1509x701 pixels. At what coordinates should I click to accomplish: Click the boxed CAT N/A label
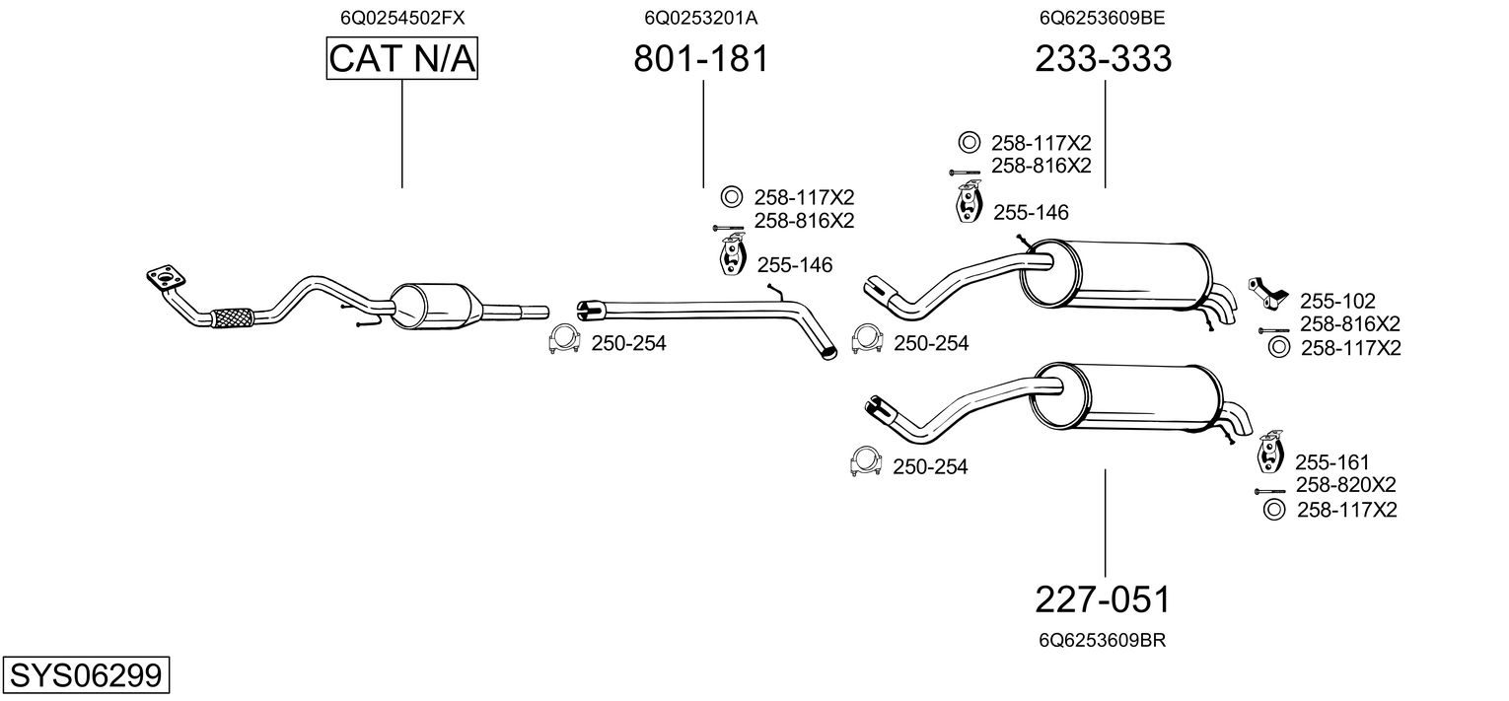pyautogui.click(x=402, y=59)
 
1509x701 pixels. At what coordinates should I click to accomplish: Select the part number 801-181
pyautogui.click(x=700, y=59)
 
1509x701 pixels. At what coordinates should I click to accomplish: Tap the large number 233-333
pyautogui.click(x=1104, y=59)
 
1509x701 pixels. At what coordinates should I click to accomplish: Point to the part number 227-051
pyautogui.click(x=1104, y=599)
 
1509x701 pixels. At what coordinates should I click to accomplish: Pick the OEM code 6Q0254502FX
pyautogui.click(x=402, y=18)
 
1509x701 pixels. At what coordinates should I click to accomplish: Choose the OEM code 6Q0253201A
pyautogui.click(x=700, y=18)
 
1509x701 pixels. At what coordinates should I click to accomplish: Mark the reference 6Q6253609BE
pyautogui.click(x=1104, y=18)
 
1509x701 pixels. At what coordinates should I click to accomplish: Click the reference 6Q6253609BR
pyautogui.click(x=1103, y=640)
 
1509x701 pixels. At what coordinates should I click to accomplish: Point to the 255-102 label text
pyautogui.click(x=1337, y=301)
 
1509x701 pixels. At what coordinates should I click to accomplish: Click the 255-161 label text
pyautogui.click(x=1332, y=462)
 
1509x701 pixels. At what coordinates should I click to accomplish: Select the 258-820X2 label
pyautogui.click(x=1345, y=485)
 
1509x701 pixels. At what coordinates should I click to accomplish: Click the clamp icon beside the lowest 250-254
pyautogui.click(x=865, y=461)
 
